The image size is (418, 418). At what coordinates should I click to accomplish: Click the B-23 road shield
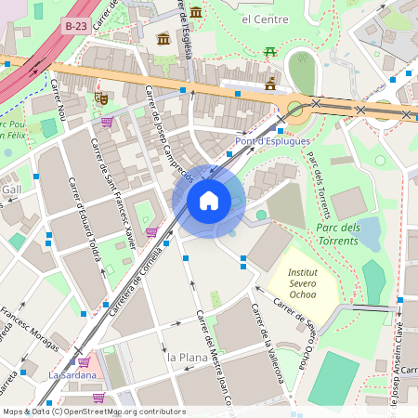[x=77, y=28]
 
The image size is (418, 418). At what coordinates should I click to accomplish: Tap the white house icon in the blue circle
[x=209, y=200]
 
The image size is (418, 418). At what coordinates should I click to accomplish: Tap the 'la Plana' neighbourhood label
[x=184, y=357]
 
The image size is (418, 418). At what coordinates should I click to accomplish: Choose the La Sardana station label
[x=72, y=374]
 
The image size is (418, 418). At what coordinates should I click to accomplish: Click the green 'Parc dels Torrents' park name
[x=337, y=234]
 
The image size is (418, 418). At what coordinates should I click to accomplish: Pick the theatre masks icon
[x=100, y=97]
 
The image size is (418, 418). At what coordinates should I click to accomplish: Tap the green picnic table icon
[x=270, y=51]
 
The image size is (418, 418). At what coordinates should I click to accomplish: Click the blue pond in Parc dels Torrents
[x=370, y=233]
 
